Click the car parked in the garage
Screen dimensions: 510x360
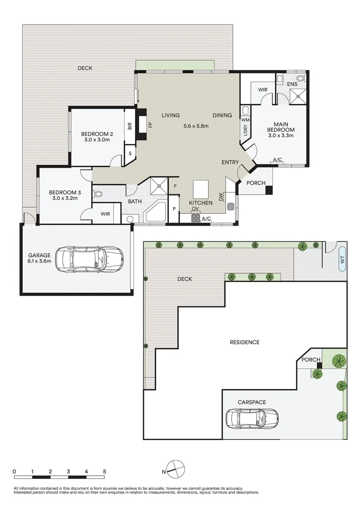pos(89,259)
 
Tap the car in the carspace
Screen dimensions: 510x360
pos(251,417)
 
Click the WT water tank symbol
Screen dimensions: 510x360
pos(342,259)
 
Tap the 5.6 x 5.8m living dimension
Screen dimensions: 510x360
pos(196,126)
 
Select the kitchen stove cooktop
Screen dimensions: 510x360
pos(195,218)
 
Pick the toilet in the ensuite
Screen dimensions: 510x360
pos(301,78)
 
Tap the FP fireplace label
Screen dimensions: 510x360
pos(151,125)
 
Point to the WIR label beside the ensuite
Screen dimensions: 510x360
pos(263,90)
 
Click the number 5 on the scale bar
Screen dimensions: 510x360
pos(104,471)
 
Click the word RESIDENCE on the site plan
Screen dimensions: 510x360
pos(244,342)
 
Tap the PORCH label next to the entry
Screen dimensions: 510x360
pos(256,183)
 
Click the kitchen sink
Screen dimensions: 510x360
pos(231,206)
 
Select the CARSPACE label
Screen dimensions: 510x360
pos(251,402)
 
